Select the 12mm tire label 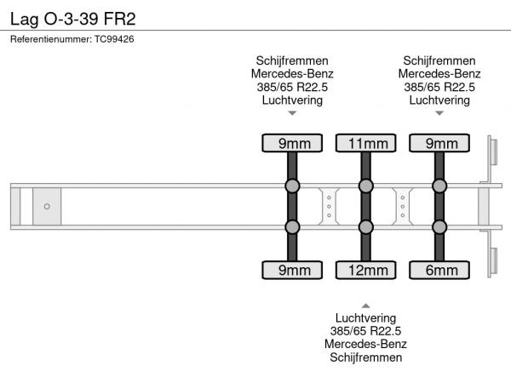(365, 271)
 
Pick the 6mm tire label (439, 271)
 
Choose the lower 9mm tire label (292, 271)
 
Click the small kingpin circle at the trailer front (47, 206)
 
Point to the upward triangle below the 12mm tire (365, 305)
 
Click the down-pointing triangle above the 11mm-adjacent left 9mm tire (292, 113)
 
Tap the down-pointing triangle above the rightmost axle (439, 113)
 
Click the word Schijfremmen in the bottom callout (365, 357)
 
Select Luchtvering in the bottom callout (365, 317)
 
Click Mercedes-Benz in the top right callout (439, 73)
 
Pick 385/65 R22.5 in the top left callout (292, 87)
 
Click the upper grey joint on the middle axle (365, 186)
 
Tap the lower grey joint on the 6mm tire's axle (439, 226)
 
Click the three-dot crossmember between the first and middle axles (329, 206)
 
